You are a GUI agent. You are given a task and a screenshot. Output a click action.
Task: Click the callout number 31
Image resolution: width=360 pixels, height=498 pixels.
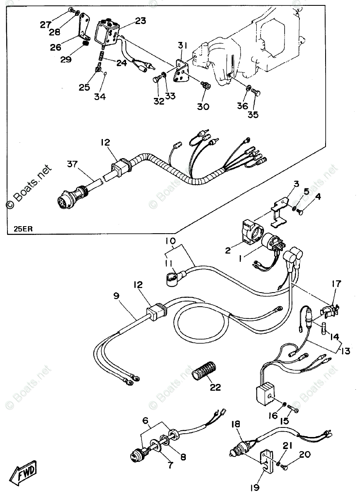(183, 45)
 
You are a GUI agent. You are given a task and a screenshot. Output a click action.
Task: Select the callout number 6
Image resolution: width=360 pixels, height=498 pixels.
(145, 420)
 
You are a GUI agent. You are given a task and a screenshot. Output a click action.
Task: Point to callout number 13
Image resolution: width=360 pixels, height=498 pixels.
(345, 351)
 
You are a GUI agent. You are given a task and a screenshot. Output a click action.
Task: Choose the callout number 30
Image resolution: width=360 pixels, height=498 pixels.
(203, 106)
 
